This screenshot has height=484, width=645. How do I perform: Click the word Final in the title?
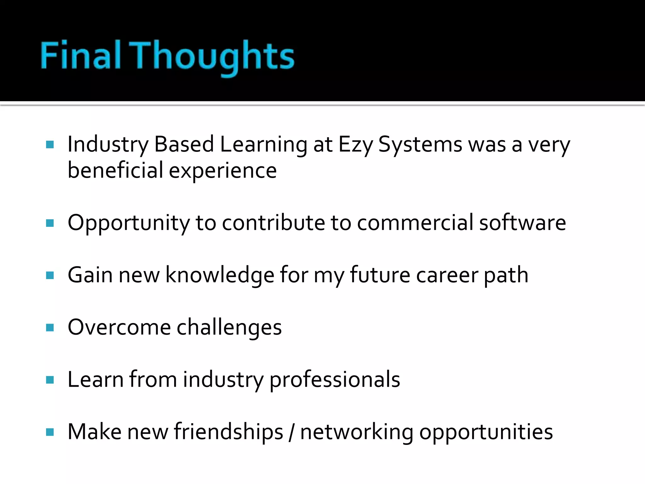coord(81,55)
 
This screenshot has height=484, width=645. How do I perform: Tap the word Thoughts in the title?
coord(212,57)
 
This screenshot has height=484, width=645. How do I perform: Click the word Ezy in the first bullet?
coord(355,145)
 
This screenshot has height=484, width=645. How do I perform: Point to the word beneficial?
coord(115,170)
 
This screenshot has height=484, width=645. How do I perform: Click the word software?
coord(522,223)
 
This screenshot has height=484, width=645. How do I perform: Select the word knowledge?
coord(220,275)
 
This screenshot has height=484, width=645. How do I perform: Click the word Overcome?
coord(119,327)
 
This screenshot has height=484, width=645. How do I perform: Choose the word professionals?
coord(335,380)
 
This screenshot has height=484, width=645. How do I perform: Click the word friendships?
coord(229,432)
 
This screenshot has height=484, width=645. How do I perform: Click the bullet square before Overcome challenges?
coord(50,328)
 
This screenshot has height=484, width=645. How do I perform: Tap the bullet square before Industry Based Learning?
coord(50,145)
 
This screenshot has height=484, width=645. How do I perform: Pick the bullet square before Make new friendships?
coord(50,432)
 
